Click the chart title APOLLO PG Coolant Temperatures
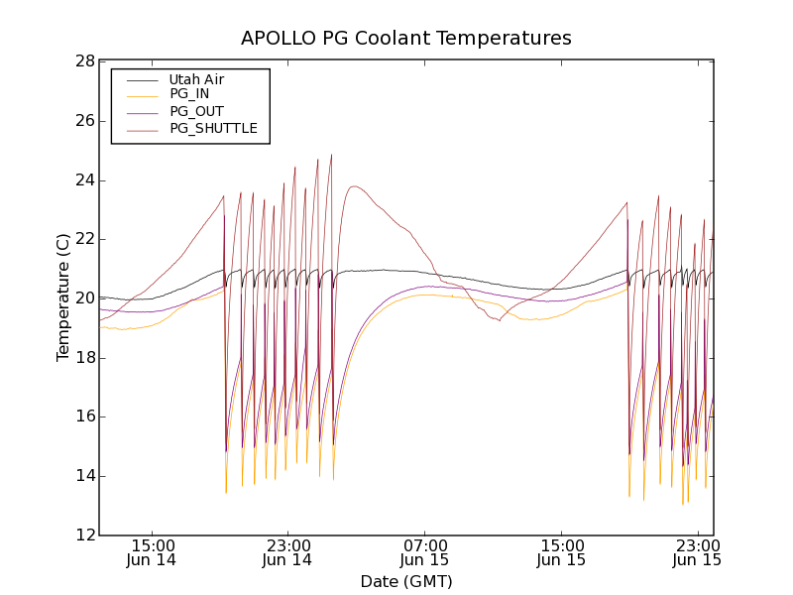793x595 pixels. click(x=406, y=39)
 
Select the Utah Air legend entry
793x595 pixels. click(x=196, y=79)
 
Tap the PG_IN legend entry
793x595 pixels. click(x=189, y=94)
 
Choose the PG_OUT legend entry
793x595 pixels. click(x=196, y=111)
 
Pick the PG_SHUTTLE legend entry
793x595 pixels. click(x=213, y=128)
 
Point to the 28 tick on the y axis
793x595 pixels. click(x=84, y=61)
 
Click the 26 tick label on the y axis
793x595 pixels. click(x=84, y=121)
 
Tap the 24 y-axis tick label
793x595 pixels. click(x=84, y=180)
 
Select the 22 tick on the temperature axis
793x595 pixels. click(x=84, y=239)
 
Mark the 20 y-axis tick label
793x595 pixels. click(x=84, y=298)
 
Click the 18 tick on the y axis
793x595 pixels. click(x=84, y=358)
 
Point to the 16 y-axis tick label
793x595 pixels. click(x=84, y=416)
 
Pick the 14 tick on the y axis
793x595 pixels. click(x=84, y=476)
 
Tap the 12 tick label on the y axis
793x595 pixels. click(x=84, y=535)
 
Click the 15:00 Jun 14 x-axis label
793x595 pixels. click(x=152, y=552)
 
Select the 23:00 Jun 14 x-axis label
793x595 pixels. click(x=287, y=552)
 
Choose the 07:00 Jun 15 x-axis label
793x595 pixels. click(x=424, y=552)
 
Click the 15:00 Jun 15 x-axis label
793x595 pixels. click(x=561, y=552)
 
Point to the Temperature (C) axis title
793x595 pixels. click(x=63, y=297)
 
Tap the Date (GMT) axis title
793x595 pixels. click(x=406, y=581)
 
